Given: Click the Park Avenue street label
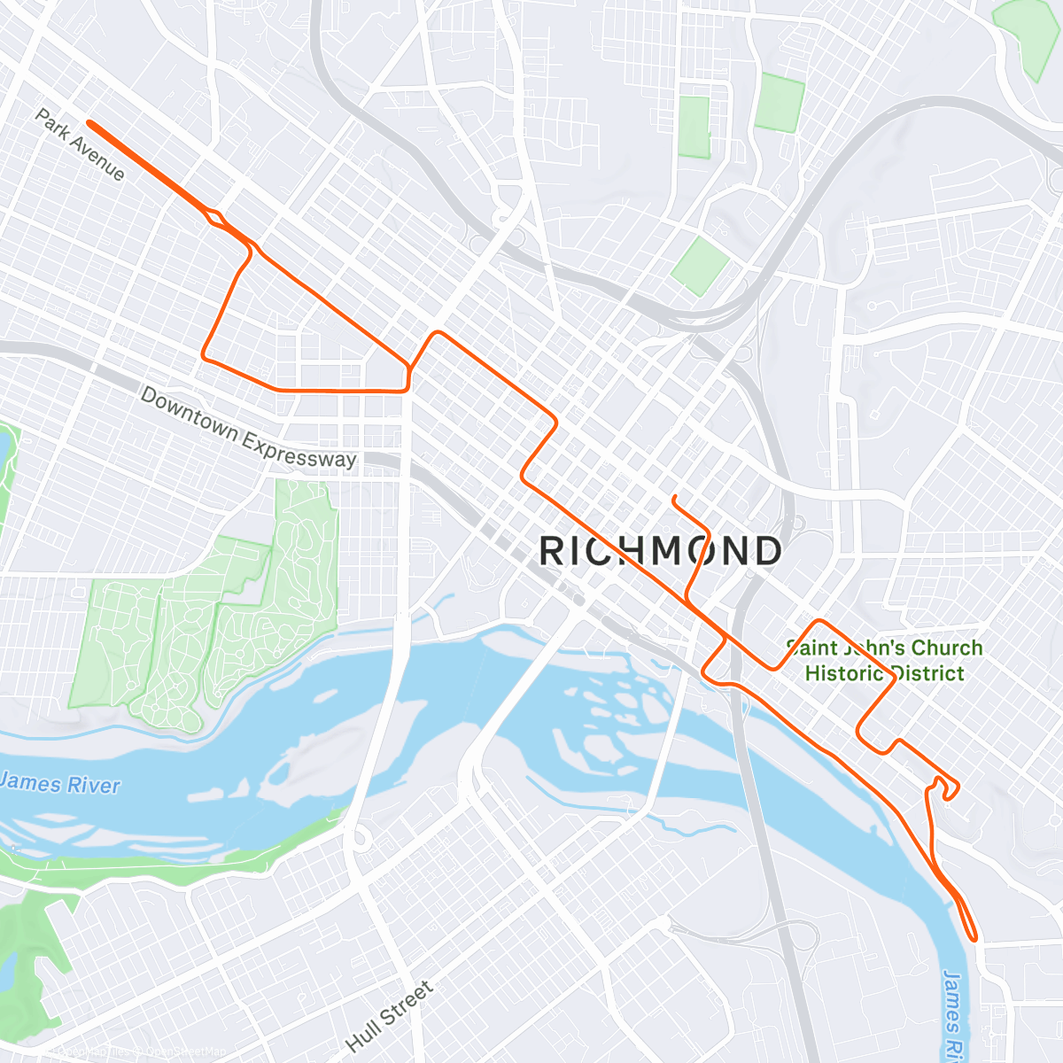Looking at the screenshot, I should [x=80, y=144].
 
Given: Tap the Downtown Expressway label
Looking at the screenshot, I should [x=248, y=428].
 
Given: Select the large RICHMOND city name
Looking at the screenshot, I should [x=660, y=551].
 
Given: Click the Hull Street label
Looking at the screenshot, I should [x=390, y=1016].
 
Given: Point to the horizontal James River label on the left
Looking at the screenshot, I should [x=60, y=784].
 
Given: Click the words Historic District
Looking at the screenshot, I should [x=884, y=673].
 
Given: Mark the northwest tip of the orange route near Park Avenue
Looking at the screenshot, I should [x=89, y=123].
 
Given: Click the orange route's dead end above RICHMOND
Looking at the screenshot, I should [x=675, y=497].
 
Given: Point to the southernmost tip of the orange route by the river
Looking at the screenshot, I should [x=974, y=937].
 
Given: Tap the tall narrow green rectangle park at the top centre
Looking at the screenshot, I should [x=694, y=128].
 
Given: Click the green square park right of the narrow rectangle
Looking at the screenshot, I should [x=780, y=104].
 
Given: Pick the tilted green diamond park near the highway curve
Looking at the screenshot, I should [x=700, y=266].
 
